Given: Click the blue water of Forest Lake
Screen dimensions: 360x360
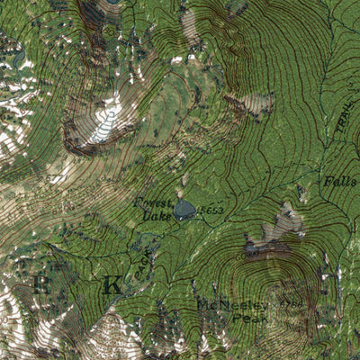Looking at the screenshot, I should [x=185, y=211].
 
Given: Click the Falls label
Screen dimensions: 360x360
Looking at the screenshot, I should [x=339, y=182].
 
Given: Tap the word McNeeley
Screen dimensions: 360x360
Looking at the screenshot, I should [x=224, y=305].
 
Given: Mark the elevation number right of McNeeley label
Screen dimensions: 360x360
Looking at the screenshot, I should [x=291, y=306].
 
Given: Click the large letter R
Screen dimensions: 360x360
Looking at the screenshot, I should [x=40, y=286].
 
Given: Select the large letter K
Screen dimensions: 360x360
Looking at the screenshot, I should [x=112, y=286].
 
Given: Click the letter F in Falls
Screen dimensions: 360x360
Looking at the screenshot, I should [x=327, y=182].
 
